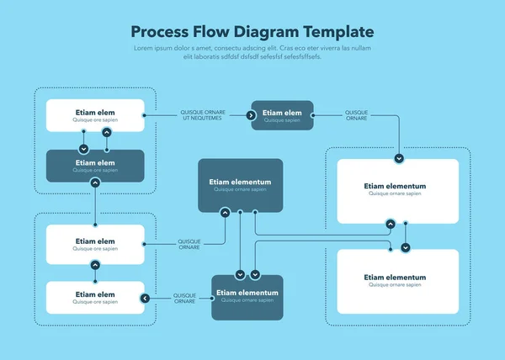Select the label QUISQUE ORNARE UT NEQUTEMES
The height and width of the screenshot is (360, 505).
pyautogui.click(x=202, y=115)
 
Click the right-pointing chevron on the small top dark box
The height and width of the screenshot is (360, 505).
pyautogui.click(x=252, y=115)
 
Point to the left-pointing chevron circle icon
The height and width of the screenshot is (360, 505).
pyautogui.click(x=145, y=298)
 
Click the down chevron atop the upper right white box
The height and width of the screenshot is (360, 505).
pyautogui.click(x=399, y=157)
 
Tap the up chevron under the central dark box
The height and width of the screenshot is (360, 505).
pyautogui.click(x=225, y=213)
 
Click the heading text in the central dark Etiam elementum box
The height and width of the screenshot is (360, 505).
pyautogui.click(x=240, y=182)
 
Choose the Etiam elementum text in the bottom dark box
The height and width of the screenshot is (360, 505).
pyautogui.click(x=247, y=293)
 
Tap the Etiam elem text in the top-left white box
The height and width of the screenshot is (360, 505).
pyautogui.click(x=95, y=112)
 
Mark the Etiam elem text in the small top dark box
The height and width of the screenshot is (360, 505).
pyautogui.click(x=281, y=112)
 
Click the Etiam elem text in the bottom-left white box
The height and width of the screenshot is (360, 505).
pyautogui.click(x=95, y=294)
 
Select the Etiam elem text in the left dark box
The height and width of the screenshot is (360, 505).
pyautogui.click(x=95, y=162)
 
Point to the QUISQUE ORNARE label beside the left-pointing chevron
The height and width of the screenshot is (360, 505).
pyautogui.click(x=184, y=298)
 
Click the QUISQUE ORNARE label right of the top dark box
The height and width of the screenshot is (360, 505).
pyautogui.click(x=356, y=115)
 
